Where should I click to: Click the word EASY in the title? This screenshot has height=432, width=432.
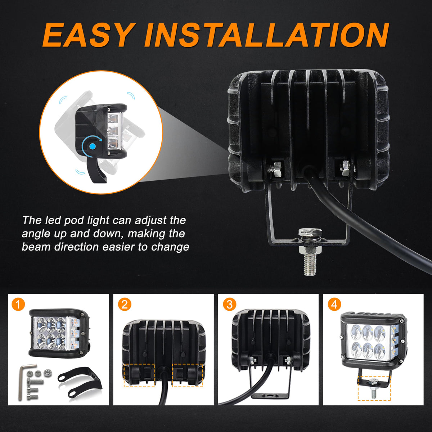(89, 35)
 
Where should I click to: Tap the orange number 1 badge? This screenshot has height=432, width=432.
(18, 305)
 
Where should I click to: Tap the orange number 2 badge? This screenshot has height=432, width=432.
(125, 305)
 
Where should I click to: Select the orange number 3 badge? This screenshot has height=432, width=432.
(230, 305)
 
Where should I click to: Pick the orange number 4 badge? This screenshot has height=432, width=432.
(334, 305)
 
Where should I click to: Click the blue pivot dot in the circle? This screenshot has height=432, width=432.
(93, 147)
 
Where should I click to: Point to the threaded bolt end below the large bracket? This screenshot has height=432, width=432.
(310, 265)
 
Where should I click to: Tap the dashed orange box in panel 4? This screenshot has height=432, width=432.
(374, 388)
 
